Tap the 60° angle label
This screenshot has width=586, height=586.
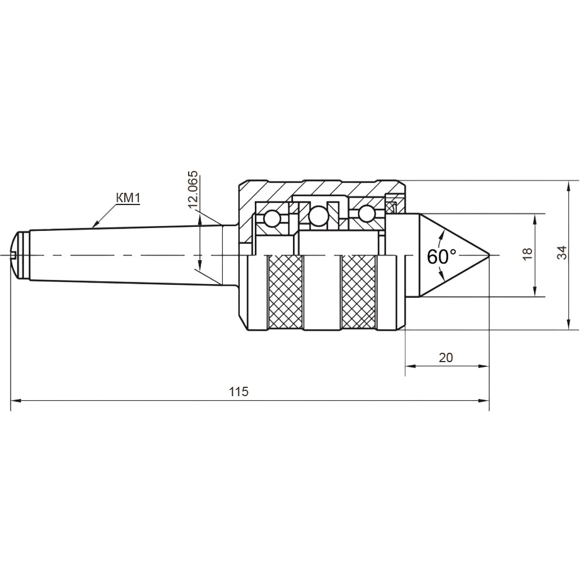tap(441, 257)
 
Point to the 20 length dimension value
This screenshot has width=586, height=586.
tap(446, 357)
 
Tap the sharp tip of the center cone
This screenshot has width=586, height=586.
tap(489, 255)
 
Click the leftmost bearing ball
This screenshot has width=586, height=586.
tap(272, 219)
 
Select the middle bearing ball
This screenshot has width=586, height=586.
tap(318, 216)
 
